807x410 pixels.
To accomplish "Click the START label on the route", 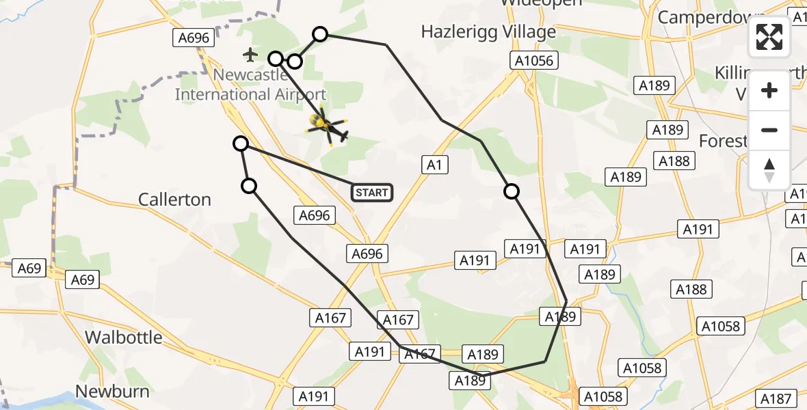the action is click(x=372, y=193).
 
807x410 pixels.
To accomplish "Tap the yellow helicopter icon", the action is click(x=328, y=126).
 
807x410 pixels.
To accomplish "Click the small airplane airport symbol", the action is click(x=250, y=54).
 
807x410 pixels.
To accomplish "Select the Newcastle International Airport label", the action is click(x=250, y=85).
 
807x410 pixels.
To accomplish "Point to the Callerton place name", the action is click(x=174, y=200).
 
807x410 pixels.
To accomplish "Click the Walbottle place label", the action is click(x=124, y=337).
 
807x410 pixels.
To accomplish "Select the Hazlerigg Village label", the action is click(x=488, y=32).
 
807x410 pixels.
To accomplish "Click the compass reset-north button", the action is click(x=769, y=170).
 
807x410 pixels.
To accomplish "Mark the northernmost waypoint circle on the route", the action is click(x=320, y=33).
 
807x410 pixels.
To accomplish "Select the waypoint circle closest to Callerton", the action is click(x=250, y=186).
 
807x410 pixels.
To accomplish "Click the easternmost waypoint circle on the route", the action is click(x=512, y=191).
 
